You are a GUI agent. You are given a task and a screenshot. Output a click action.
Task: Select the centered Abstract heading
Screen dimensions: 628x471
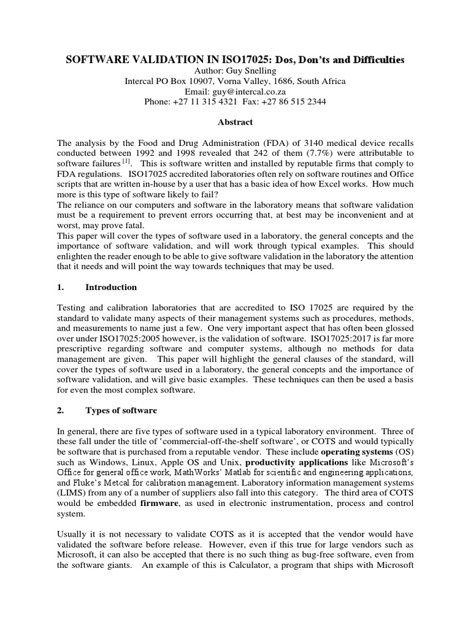pyautogui.click(x=235, y=122)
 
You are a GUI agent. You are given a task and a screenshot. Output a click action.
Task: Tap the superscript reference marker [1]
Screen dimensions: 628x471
pyautogui.click(x=126, y=162)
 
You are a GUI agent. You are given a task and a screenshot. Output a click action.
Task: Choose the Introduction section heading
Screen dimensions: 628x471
pyautogui.click(x=111, y=287)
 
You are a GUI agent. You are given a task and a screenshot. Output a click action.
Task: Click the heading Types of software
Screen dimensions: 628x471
pyautogui.click(x=121, y=410)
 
